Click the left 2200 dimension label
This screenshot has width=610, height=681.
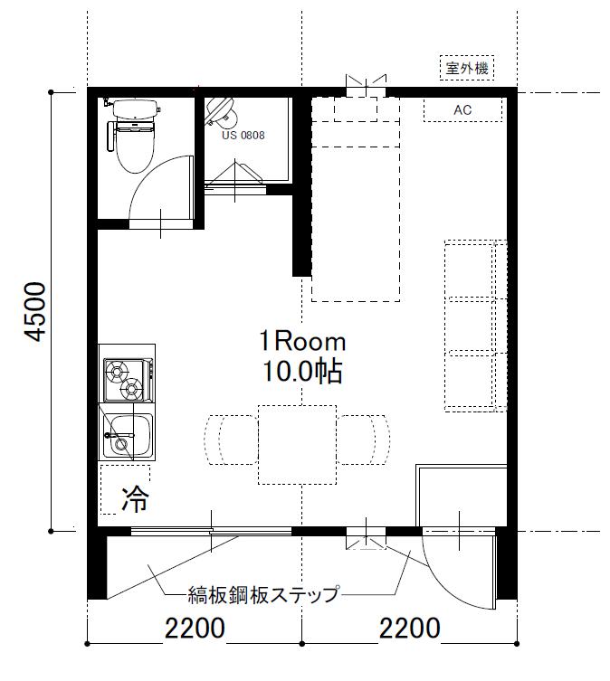(x=195, y=628)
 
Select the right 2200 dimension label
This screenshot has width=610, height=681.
(x=410, y=628)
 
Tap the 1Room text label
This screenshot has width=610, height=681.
(x=302, y=341)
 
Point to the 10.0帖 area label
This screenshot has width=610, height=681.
(x=302, y=372)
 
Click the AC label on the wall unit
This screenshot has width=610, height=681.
(x=462, y=109)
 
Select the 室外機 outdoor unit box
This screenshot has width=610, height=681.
(x=467, y=68)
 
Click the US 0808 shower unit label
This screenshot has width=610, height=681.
(x=243, y=135)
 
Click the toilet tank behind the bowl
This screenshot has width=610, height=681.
(x=135, y=109)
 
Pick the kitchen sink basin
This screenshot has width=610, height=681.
(x=128, y=435)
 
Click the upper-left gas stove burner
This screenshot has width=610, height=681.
(x=118, y=372)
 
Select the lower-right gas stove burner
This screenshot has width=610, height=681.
(x=132, y=388)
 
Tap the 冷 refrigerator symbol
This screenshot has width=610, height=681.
(x=135, y=499)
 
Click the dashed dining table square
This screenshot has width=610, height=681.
(x=298, y=445)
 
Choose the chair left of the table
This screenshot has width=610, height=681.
(x=232, y=440)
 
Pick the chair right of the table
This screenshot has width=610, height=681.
(x=363, y=440)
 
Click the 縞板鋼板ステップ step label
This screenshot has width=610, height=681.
(x=263, y=594)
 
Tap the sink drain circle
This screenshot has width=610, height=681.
(x=121, y=444)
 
